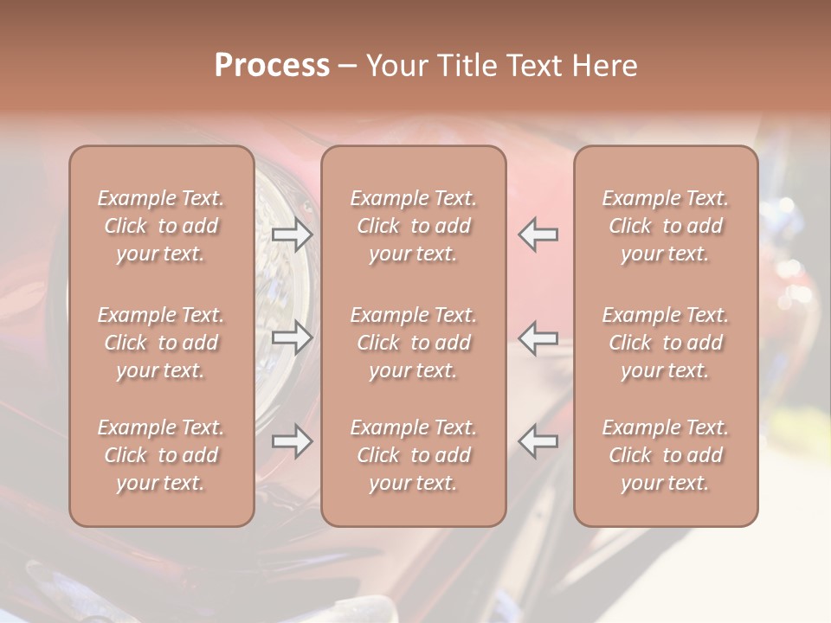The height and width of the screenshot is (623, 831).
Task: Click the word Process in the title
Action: click(x=272, y=65)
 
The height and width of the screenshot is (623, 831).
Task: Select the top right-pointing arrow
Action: click(x=293, y=234)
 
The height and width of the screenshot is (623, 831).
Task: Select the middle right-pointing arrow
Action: click(x=293, y=338)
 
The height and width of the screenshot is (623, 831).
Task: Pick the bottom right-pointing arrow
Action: click(x=293, y=441)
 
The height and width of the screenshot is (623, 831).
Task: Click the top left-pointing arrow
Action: click(x=538, y=234)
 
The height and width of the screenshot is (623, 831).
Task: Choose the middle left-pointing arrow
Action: click(x=538, y=338)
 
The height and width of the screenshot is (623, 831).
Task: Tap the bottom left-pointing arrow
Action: click(x=538, y=441)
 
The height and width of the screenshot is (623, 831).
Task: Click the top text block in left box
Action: click(x=161, y=226)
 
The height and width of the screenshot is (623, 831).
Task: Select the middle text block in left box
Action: click(x=161, y=343)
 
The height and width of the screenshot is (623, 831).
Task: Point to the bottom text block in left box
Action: click(x=161, y=455)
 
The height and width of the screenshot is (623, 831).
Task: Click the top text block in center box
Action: click(x=413, y=226)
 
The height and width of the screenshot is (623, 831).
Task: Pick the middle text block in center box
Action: click(x=413, y=343)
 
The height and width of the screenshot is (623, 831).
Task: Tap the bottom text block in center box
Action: click(x=413, y=455)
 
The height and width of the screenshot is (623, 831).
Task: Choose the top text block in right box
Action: click(x=665, y=226)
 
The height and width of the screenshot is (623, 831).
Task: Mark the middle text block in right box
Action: click(x=665, y=343)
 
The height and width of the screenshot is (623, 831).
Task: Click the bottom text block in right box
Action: click(x=665, y=455)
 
